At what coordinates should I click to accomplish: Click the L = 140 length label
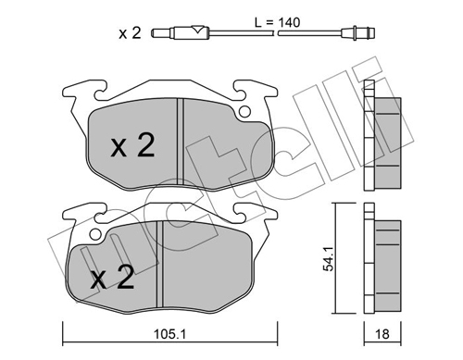coord(277,22)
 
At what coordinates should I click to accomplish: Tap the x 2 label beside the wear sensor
coord(130,33)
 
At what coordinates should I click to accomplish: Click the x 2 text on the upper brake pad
coord(132,145)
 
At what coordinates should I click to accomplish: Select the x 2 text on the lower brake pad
coord(112,278)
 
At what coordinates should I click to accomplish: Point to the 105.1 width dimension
coord(170,334)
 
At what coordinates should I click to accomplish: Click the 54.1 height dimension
coord(328,258)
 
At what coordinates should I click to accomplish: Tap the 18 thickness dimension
coord(382,334)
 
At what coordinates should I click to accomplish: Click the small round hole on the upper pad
coord(244,112)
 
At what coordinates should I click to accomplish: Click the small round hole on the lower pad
coord(95,234)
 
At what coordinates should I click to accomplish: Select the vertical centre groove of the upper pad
coord(181,142)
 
